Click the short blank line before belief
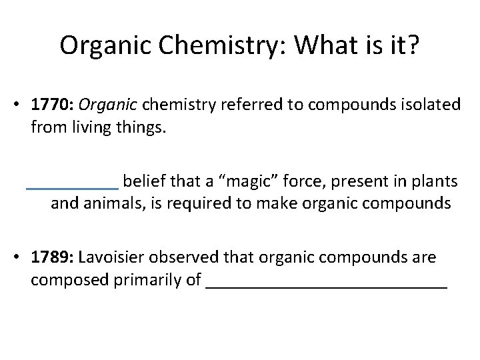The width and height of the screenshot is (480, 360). [x=71, y=188]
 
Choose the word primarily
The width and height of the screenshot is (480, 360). [x=150, y=280]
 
